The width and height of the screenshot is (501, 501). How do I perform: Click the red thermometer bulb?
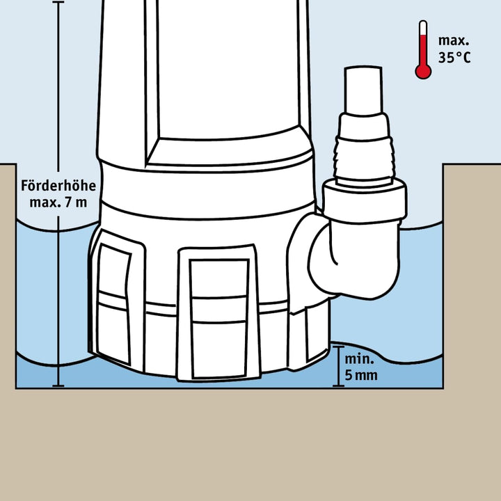(423, 71)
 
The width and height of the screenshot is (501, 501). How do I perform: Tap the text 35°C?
(454, 58)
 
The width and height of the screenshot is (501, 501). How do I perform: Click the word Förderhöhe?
(58, 185)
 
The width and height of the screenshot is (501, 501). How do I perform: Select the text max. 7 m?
(58, 202)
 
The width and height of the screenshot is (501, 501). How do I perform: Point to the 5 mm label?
(361, 375)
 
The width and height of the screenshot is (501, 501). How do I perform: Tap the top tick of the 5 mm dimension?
(338, 347)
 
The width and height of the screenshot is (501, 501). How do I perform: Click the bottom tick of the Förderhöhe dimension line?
(58, 386)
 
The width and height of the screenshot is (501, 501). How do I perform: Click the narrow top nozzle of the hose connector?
(364, 90)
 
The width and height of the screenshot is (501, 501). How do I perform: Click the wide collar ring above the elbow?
(364, 201)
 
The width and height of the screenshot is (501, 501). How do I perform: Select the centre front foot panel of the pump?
(218, 313)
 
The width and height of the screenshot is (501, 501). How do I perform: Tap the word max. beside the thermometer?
(454, 41)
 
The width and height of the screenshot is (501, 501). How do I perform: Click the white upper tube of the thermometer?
(423, 28)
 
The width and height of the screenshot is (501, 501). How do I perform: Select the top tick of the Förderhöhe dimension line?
(58, 2)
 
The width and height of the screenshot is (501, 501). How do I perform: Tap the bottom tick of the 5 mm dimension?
(338, 386)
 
